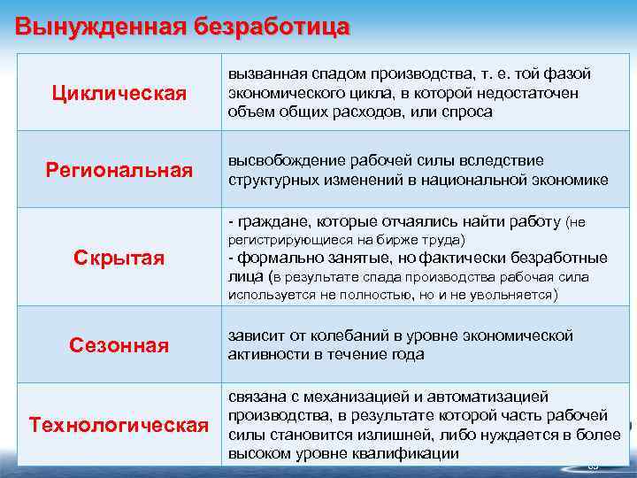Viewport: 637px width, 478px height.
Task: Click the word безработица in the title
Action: pyautogui.click(x=267, y=26)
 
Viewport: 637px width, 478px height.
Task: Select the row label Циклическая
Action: pyautogui.click(x=119, y=94)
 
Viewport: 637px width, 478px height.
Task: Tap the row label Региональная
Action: pyautogui.click(x=119, y=169)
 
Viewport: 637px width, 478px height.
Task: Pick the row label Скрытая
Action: pyautogui.click(x=119, y=258)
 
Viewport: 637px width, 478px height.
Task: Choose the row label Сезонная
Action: pyautogui.click(x=119, y=345)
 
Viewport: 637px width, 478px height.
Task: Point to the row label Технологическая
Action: pyautogui.click(x=119, y=425)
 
